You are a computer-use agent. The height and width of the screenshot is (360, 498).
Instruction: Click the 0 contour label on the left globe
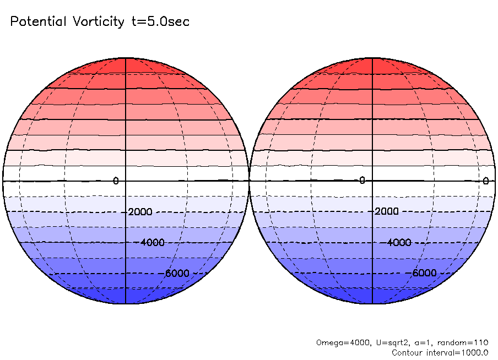click(x=116, y=181)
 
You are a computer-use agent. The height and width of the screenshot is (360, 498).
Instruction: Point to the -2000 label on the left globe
click(x=140, y=212)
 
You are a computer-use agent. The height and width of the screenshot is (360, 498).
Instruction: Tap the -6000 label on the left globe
click(x=176, y=274)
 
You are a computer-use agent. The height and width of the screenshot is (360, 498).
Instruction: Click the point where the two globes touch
click(x=249, y=181)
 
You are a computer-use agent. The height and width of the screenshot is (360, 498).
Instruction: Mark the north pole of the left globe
click(x=126, y=57)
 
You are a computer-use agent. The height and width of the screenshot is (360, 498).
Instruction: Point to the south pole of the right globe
click(x=372, y=304)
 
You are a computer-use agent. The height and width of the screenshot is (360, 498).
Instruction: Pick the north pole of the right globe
click(x=372, y=57)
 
